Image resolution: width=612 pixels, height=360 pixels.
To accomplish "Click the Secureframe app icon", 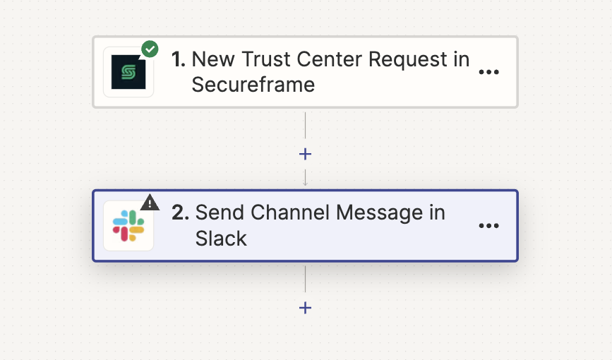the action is tap(128, 72).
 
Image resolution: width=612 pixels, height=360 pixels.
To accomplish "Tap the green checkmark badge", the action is tap(150, 49).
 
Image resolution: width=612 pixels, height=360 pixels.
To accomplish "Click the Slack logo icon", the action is tap(128, 226).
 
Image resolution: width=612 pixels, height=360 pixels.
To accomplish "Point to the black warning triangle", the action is tap(150, 203).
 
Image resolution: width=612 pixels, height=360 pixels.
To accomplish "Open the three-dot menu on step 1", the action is tap(488, 72).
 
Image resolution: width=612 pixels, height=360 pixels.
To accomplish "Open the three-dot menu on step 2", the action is tap(488, 226).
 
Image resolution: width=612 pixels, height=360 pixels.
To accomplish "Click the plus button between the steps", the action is tap(305, 154).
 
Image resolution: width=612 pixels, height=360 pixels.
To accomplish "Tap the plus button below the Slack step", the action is tap(305, 308).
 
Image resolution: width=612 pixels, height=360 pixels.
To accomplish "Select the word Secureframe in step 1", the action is tap(253, 85).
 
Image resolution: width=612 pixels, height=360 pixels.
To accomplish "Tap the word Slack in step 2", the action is tap(221, 239).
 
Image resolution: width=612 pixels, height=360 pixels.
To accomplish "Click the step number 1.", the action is tap(179, 59).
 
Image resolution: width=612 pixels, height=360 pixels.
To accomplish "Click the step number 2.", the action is tap(180, 212).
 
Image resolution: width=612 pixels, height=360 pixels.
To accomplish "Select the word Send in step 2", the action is tap(220, 212).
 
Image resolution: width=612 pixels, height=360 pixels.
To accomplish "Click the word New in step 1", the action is tap(213, 59).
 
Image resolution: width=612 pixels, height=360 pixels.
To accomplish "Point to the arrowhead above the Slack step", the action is tap(305, 184).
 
